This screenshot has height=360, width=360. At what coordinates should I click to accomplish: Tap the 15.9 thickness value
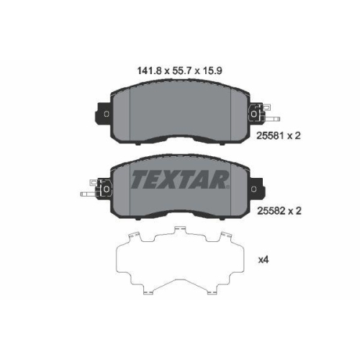point(212,71)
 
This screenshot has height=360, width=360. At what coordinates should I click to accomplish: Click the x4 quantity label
point(264,260)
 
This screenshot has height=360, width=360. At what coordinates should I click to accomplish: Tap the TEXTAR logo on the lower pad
point(180,179)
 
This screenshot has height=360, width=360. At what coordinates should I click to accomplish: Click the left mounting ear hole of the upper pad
point(107,114)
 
